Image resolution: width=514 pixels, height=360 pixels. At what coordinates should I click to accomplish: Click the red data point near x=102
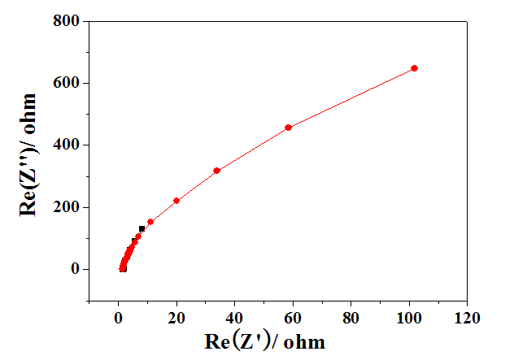coord(414,68)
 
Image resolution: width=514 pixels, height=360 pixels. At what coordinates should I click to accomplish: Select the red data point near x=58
coord(288,128)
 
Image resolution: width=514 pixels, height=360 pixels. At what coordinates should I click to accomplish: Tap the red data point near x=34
coord(216,171)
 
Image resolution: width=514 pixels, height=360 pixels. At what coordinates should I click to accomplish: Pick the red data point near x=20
coord(176,201)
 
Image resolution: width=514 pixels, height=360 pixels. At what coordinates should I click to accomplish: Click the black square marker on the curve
coord(142,229)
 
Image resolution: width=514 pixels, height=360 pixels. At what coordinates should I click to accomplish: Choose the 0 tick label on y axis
coord(74,269)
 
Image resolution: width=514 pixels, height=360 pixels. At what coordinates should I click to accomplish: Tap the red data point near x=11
coord(150,222)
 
